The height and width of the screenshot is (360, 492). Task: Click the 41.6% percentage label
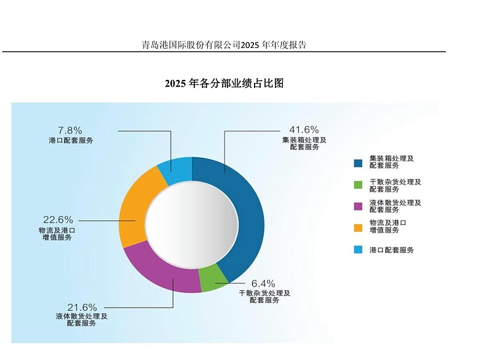click(x=304, y=130)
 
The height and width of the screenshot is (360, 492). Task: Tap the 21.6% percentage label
click(x=82, y=307)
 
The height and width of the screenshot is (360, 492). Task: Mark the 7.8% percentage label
click(x=69, y=130)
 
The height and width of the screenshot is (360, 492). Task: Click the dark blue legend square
click(x=358, y=162)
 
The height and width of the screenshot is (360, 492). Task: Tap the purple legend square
click(x=358, y=207)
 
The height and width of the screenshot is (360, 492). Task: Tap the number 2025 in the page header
click(x=251, y=45)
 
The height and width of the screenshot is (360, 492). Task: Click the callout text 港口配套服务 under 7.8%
click(x=71, y=140)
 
